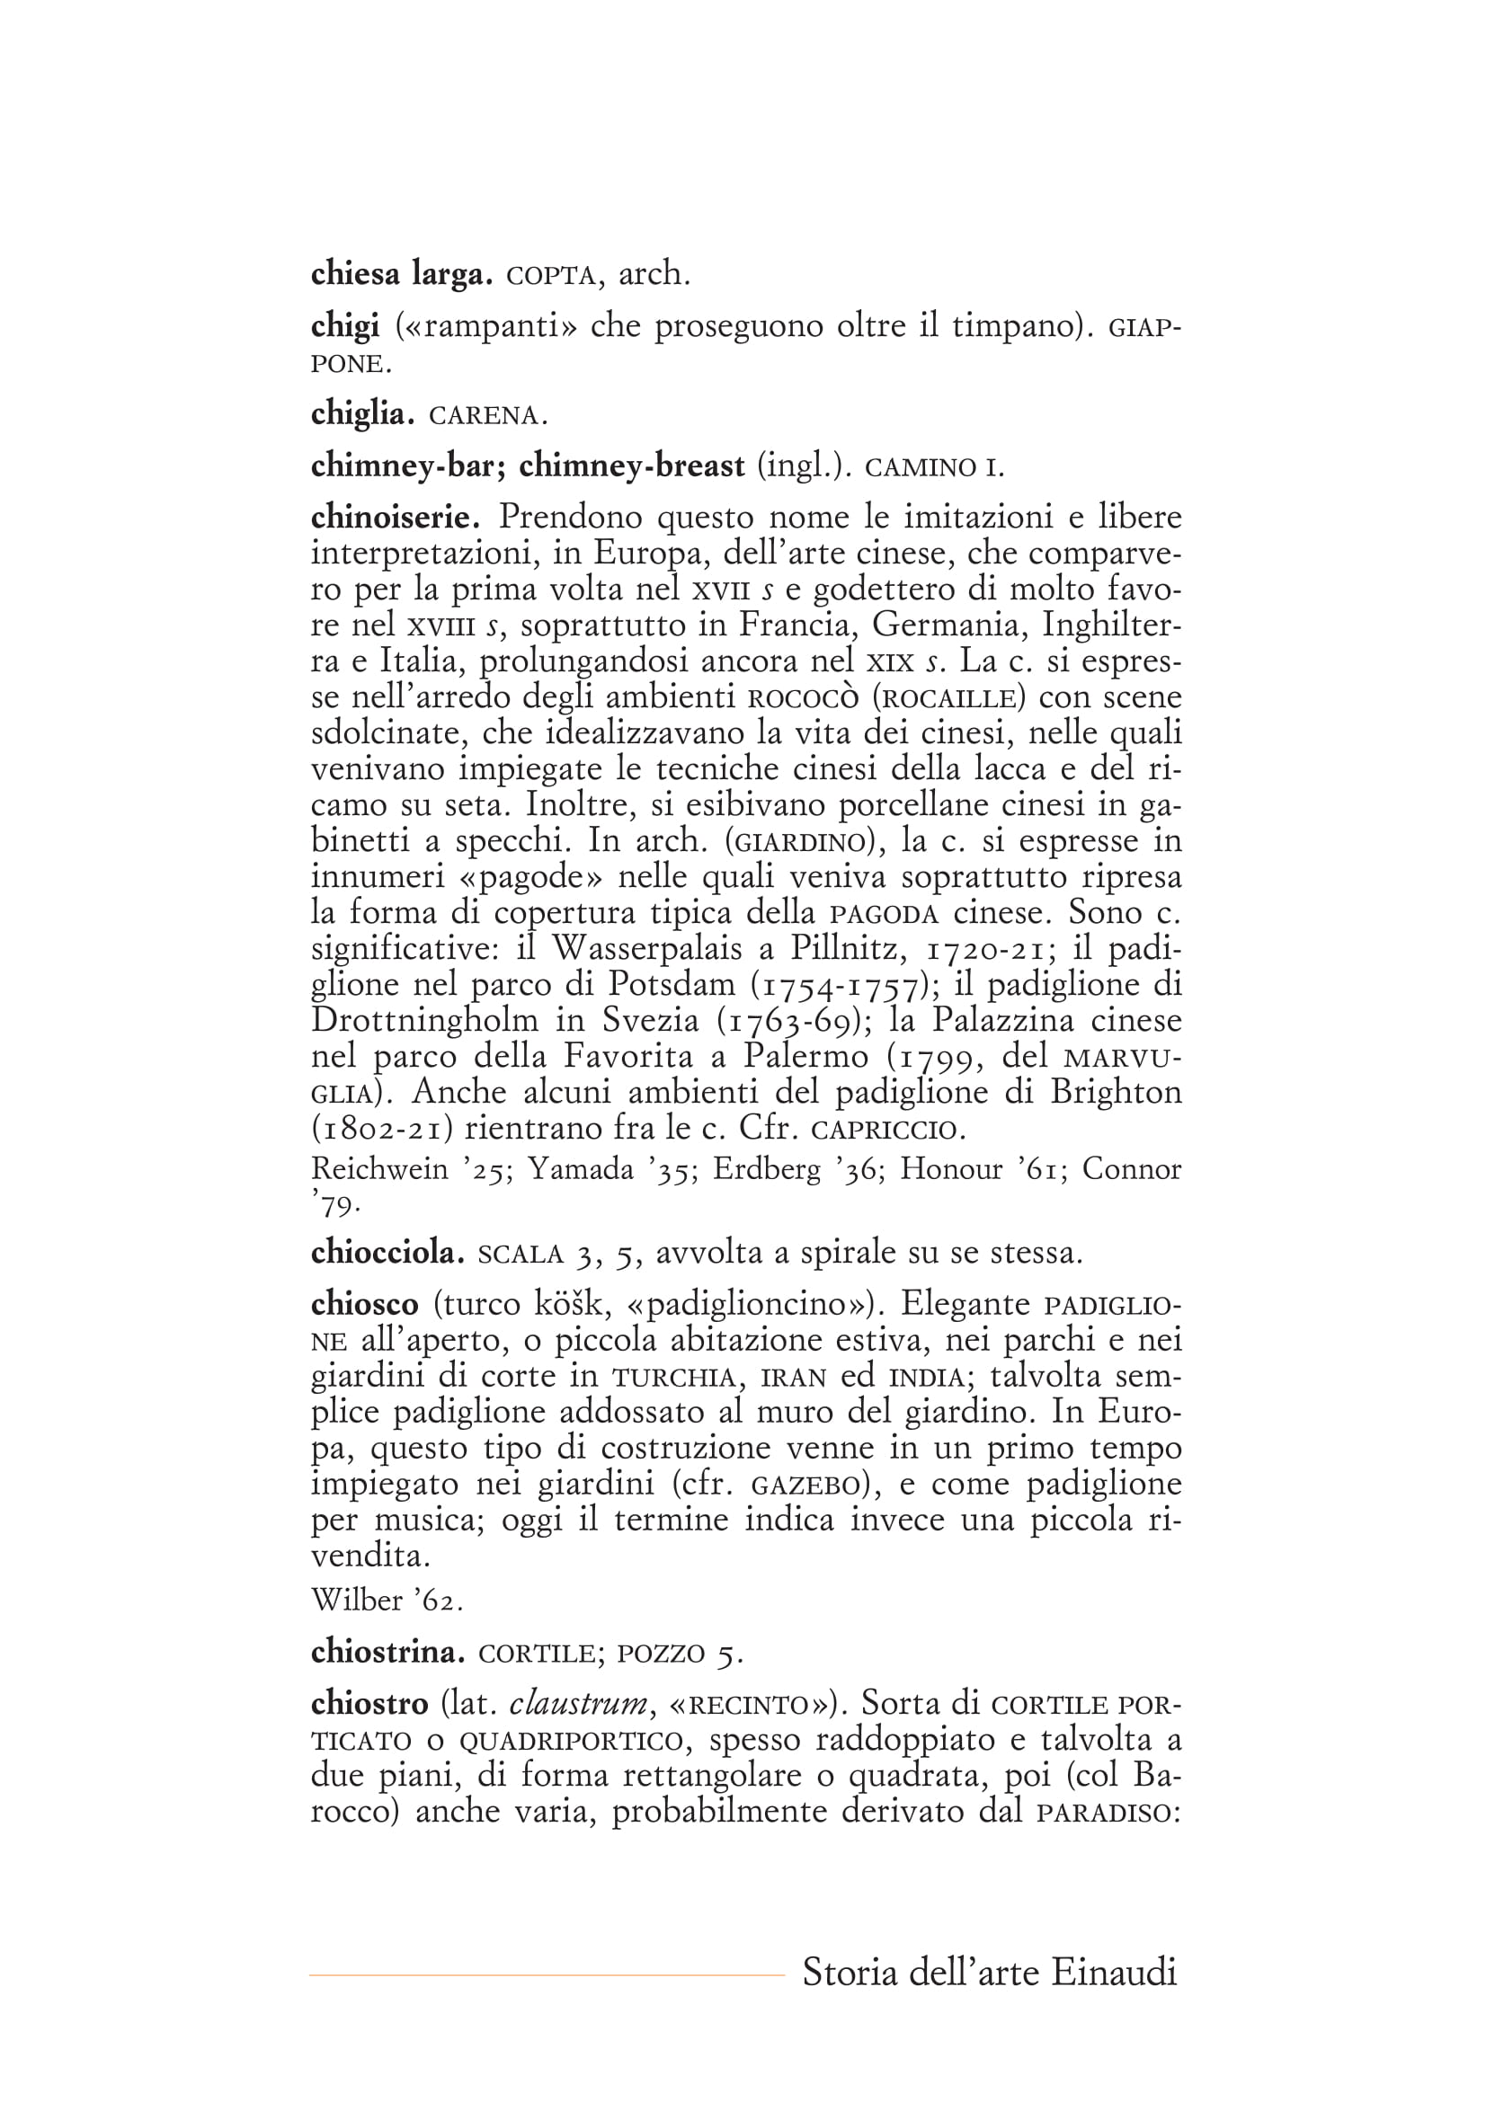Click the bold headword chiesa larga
(x=402, y=274)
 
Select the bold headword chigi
(x=344, y=326)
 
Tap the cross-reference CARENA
(x=487, y=416)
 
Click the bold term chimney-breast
(x=632, y=467)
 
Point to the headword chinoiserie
(x=396, y=519)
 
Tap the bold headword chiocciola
(x=388, y=1253)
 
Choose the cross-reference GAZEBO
(x=804, y=1484)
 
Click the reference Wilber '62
(x=387, y=1601)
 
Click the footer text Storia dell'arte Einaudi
(x=989, y=1971)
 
